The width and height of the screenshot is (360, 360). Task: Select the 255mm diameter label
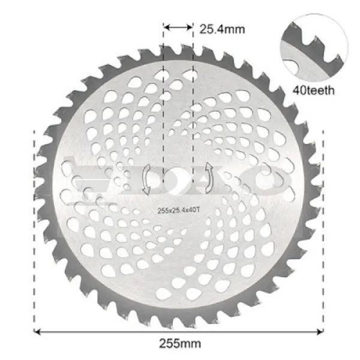coord(179,344)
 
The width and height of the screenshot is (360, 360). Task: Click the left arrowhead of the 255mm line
coord(39,331)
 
